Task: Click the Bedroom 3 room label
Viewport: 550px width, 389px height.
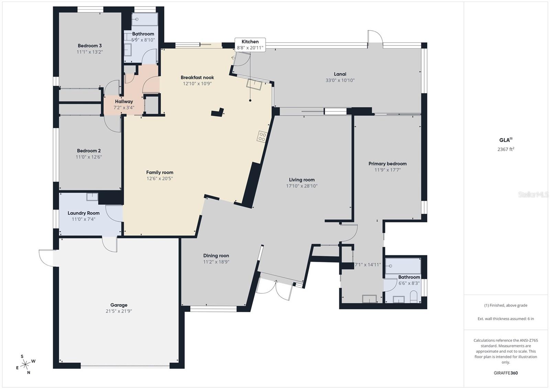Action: coord(89,46)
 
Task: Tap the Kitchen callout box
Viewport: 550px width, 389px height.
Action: coord(250,45)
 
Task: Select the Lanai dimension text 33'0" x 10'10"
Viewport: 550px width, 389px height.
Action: coord(340,80)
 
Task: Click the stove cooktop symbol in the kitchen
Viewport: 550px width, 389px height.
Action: coord(262,137)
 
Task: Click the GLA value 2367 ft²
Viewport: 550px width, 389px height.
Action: coord(506,149)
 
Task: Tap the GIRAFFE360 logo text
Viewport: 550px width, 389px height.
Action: coord(506,373)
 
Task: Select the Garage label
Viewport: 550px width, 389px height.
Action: coord(119,305)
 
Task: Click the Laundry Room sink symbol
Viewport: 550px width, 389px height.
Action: coord(92,197)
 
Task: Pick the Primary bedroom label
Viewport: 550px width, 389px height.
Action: coord(387,164)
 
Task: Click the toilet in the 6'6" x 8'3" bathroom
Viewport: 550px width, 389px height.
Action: coord(414,297)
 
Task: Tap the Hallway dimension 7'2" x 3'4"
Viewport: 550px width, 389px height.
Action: coord(124,108)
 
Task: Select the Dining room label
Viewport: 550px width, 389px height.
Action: coord(216,256)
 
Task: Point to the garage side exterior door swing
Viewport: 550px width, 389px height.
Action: coord(46,258)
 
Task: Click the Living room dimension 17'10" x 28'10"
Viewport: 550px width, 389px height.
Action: coord(301,186)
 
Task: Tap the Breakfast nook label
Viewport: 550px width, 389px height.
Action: coord(197,78)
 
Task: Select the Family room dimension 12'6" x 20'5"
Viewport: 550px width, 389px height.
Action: coord(159,179)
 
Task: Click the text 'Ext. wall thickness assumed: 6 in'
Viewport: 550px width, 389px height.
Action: coord(506,319)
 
